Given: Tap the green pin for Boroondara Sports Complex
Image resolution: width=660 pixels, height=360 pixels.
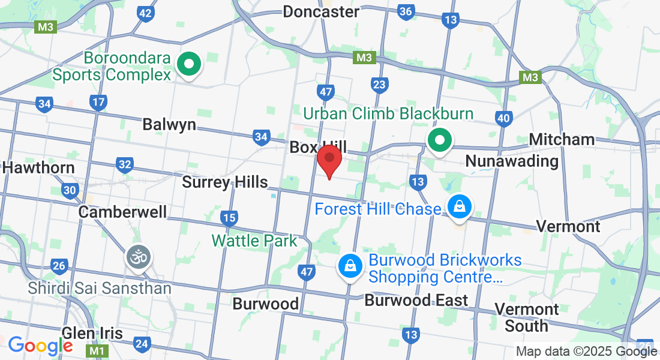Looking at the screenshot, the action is (190, 63).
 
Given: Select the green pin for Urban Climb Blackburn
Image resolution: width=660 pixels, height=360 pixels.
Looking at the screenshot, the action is (439, 141).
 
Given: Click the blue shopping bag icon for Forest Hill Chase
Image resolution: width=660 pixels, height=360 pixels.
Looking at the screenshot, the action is (459, 207).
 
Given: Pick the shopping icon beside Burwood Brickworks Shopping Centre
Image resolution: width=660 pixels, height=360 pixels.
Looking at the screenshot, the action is (349, 265).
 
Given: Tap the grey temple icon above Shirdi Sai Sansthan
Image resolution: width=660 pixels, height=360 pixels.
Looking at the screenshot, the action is (138, 257).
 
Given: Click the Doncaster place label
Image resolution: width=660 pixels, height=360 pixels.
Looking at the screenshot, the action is (321, 11).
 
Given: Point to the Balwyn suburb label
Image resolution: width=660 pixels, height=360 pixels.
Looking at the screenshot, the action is (169, 124).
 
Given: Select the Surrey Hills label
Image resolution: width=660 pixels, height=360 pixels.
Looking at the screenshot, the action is (225, 182).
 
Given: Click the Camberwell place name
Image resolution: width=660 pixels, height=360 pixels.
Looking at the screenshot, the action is (122, 212).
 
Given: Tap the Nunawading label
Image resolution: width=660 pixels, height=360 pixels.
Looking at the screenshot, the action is (512, 161).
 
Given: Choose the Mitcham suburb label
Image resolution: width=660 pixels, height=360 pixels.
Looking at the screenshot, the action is (562, 140).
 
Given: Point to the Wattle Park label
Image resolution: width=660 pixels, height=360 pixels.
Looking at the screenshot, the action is (254, 241).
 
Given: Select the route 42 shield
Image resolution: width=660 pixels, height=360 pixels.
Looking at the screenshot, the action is (145, 13).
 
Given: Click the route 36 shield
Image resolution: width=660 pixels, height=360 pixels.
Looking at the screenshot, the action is (406, 11).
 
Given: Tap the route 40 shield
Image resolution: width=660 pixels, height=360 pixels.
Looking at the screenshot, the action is (503, 118).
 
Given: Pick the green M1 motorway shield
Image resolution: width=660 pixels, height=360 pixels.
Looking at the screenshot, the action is (96, 349).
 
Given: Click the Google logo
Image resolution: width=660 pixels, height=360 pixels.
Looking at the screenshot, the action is (40, 346).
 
